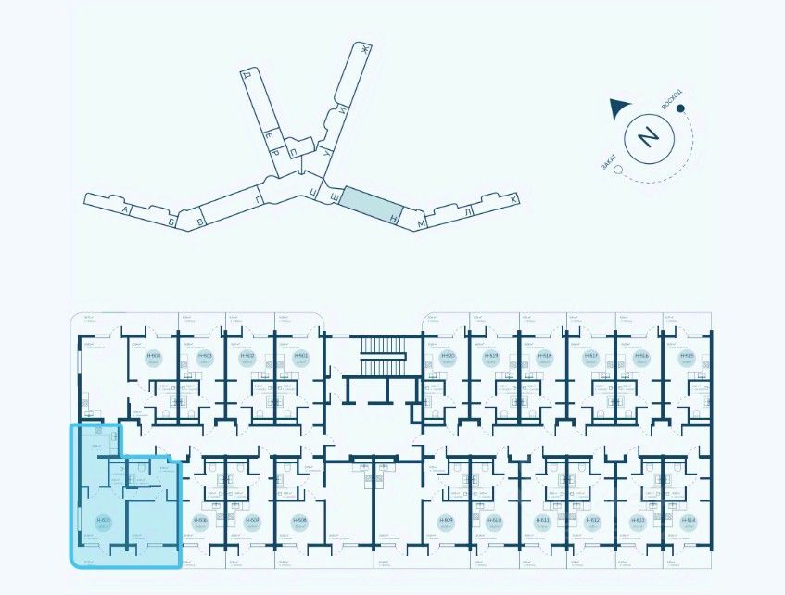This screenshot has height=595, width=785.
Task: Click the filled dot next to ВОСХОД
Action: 680,108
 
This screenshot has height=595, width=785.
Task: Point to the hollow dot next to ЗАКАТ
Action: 615,172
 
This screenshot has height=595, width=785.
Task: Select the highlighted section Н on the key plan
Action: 374,203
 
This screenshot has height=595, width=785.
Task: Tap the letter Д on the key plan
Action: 247,74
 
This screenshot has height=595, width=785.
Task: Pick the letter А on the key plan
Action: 123,210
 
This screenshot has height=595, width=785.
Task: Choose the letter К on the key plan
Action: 513,199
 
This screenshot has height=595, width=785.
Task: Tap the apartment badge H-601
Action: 300,357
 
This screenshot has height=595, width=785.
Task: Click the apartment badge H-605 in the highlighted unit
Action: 104,521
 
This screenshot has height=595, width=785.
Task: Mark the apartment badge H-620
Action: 449,357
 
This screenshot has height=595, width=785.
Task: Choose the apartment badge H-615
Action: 688,357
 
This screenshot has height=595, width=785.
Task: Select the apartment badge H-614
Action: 688,521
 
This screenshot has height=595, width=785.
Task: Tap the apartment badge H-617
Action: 591,357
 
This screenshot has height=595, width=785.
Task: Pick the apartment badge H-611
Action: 543,521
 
